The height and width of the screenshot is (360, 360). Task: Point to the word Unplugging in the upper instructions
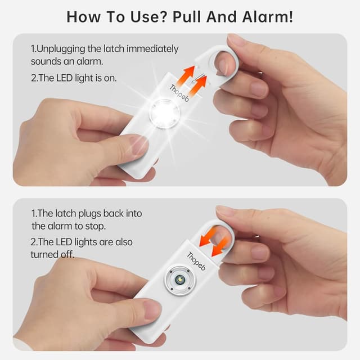tap(61, 49)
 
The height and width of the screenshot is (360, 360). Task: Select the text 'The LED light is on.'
tap(74, 78)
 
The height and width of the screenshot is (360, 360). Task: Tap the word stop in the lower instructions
tap(100, 226)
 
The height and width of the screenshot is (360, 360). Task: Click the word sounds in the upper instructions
tap(44, 61)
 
